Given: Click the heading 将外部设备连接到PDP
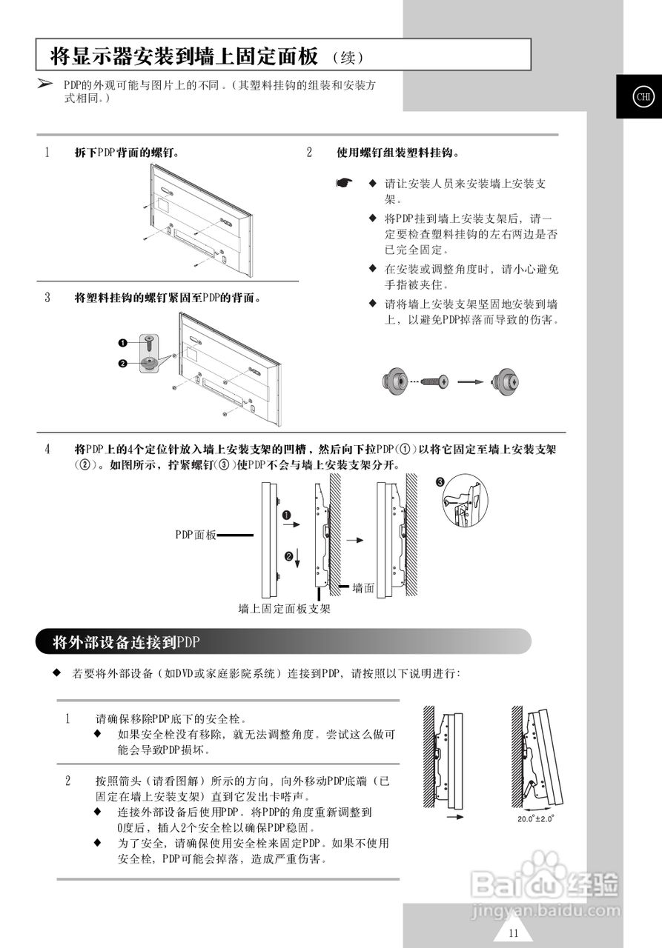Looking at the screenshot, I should coord(126,642).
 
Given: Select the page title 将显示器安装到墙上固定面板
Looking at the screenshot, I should coord(184,56).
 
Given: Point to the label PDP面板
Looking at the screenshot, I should coord(195,534).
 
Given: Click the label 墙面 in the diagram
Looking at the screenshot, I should coord(363,587).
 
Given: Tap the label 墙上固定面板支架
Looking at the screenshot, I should coord(284,609).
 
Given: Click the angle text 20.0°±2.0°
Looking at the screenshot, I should coord(536,819).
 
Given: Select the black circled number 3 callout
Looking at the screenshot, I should coord(440,482).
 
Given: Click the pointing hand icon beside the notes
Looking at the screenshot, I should coord(342,182).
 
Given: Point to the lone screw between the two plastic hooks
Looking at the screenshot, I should coord(434,381).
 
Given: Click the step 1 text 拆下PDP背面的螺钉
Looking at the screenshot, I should coord(128,153).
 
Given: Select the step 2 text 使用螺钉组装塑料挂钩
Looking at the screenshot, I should coord(397,153).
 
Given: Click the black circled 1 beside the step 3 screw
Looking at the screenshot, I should coord(123,343).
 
